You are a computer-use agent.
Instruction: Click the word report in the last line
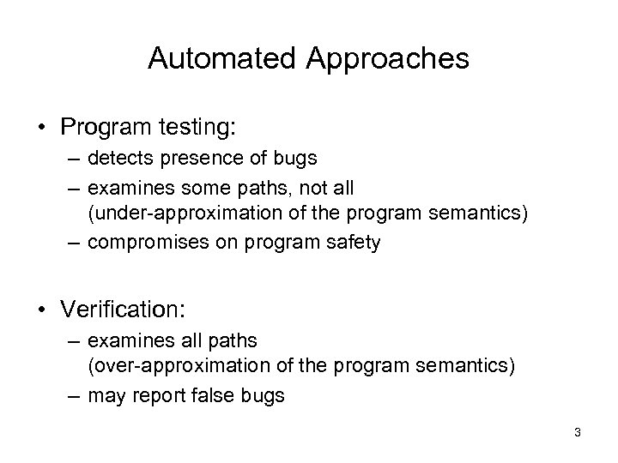(x=158, y=397)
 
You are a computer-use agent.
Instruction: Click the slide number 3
(x=578, y=433)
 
